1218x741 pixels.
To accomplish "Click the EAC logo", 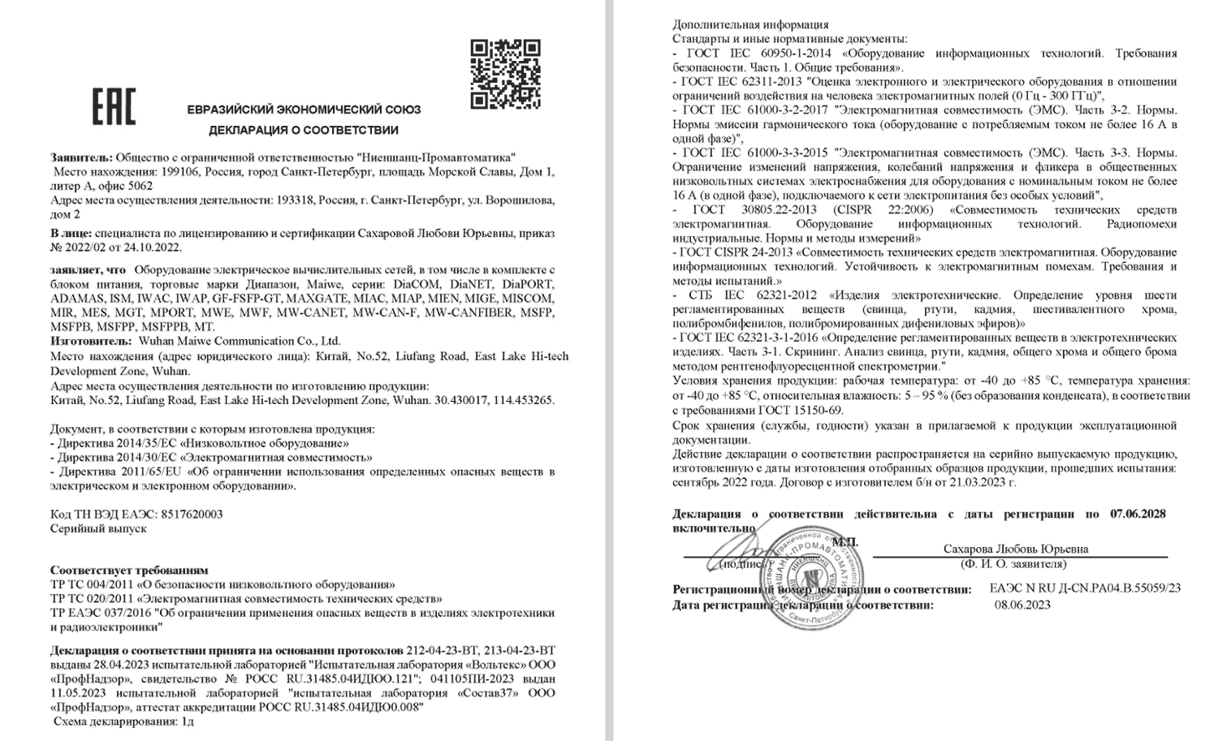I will (x=114, y=107).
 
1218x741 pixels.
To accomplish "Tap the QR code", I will (x=505, y=74).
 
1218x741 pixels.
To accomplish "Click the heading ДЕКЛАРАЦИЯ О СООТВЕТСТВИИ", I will (x=304, y=130).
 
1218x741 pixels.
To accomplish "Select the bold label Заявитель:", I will (x=81, y=157).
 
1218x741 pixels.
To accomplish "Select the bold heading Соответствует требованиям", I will (x=129, y=571).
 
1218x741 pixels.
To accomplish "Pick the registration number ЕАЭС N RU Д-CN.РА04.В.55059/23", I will (x=1085, y=588).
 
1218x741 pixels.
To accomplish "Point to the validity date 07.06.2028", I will (x=1138, y=514).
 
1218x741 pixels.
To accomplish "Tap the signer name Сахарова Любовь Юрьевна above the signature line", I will (x=1016, y=549).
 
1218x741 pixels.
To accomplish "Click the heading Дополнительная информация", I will (x=750, y=24).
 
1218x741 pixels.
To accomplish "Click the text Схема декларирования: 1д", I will (x=124, y=721).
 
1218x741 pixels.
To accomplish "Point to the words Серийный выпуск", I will (x=98, y=528).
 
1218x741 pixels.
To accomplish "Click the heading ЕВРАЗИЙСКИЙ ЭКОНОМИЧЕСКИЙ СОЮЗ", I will (x=304, y=110).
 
